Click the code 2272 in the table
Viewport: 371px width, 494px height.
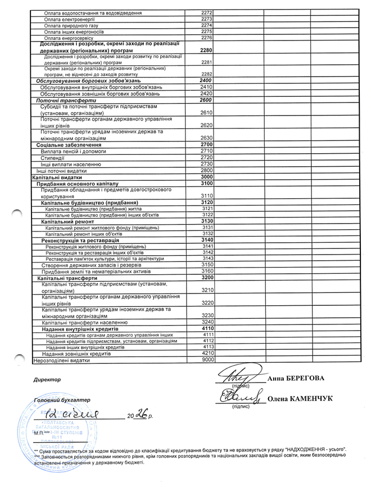[206, 12]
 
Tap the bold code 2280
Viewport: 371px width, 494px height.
[206, 50]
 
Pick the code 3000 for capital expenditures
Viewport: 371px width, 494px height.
[206, 177]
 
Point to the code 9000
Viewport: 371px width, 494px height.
[209, 359]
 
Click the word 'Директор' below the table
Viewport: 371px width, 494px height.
[47, 380]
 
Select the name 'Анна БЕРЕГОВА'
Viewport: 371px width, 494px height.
[296, 377]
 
